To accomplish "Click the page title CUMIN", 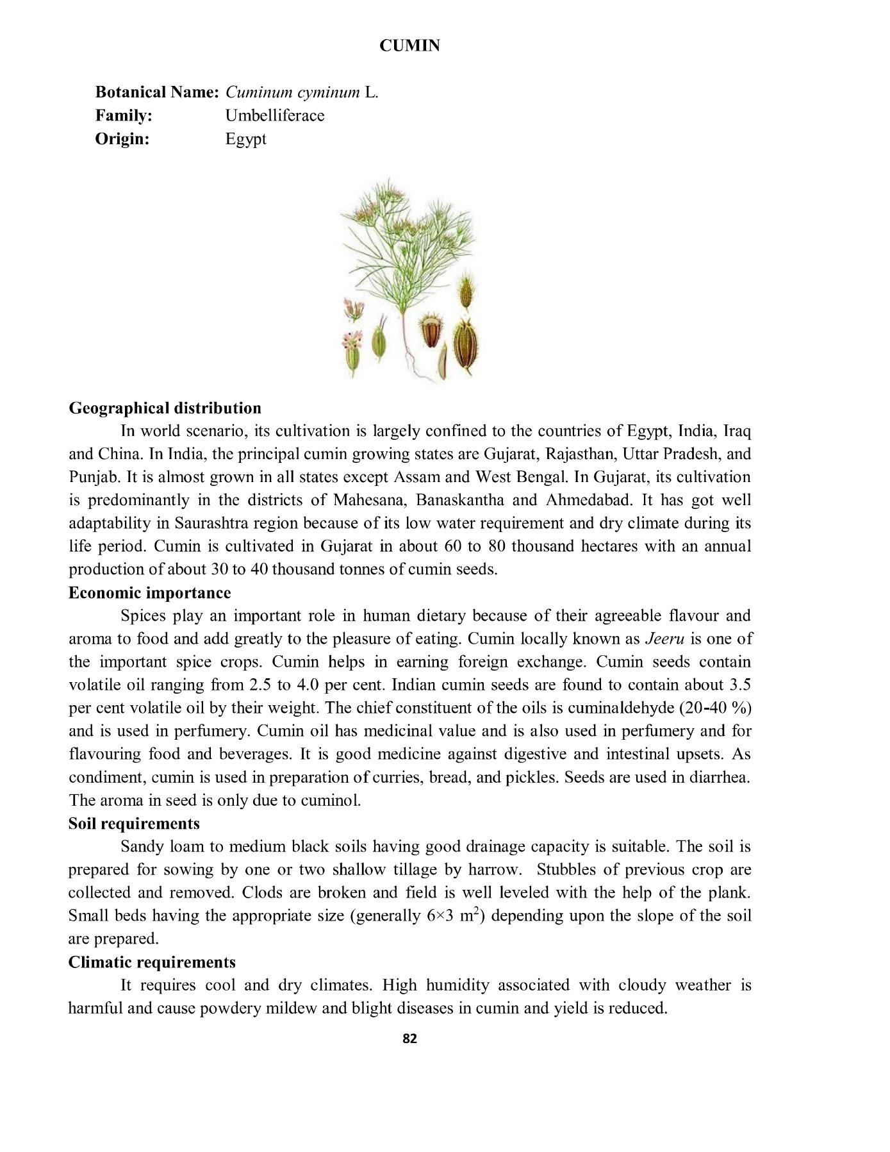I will pyautogui.click(x=409, y=46).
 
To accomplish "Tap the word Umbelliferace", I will pyautogui.click(x=274, y=115).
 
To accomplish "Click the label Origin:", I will pyautogui.click(x=122, y=138).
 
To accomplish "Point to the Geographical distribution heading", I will pyautogui.click(x=165, y=408).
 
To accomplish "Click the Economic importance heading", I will pyautogui.click(x=149, y=593).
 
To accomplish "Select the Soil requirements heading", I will pyautogui.click(x=134, y=824).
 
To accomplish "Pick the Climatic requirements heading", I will pyautogui.click(x=152, y=962).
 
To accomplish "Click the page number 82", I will pyautogui.click(x=409, y=1039).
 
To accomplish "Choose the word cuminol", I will pyautogui.click(x=331, y=801).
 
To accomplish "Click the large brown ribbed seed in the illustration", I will pyautogui.click(x=466, y=349).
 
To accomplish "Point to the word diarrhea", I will pyautogui.click(x=719, y=778).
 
